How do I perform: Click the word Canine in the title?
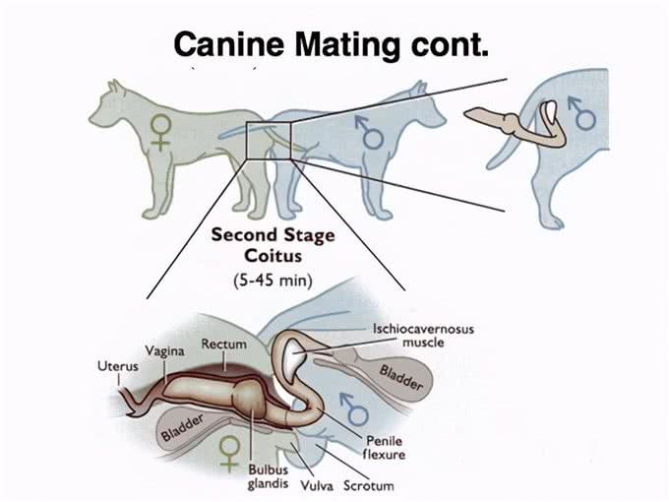tap(228, 43)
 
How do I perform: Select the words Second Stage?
tap(274, 235)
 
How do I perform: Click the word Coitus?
tap(274, 256)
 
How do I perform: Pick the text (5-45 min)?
tap(274, 281)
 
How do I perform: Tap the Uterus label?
tap(118, 366)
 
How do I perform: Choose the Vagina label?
tap(164, 350)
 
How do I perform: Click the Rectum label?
tap(224, 344)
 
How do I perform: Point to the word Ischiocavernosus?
tap(423, 329)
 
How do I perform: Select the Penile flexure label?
tap(384, 447)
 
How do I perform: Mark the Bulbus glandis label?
tap(269, 476)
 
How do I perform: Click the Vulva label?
tap(317, 486)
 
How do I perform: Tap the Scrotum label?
tap(369, 486)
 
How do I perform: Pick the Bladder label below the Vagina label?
tap(183, 428)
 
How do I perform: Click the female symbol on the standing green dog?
tap(160, 133)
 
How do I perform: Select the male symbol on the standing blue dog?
tap(370, 133)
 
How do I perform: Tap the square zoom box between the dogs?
tap(269, 141)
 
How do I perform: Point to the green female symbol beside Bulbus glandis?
tap(229, 454)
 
